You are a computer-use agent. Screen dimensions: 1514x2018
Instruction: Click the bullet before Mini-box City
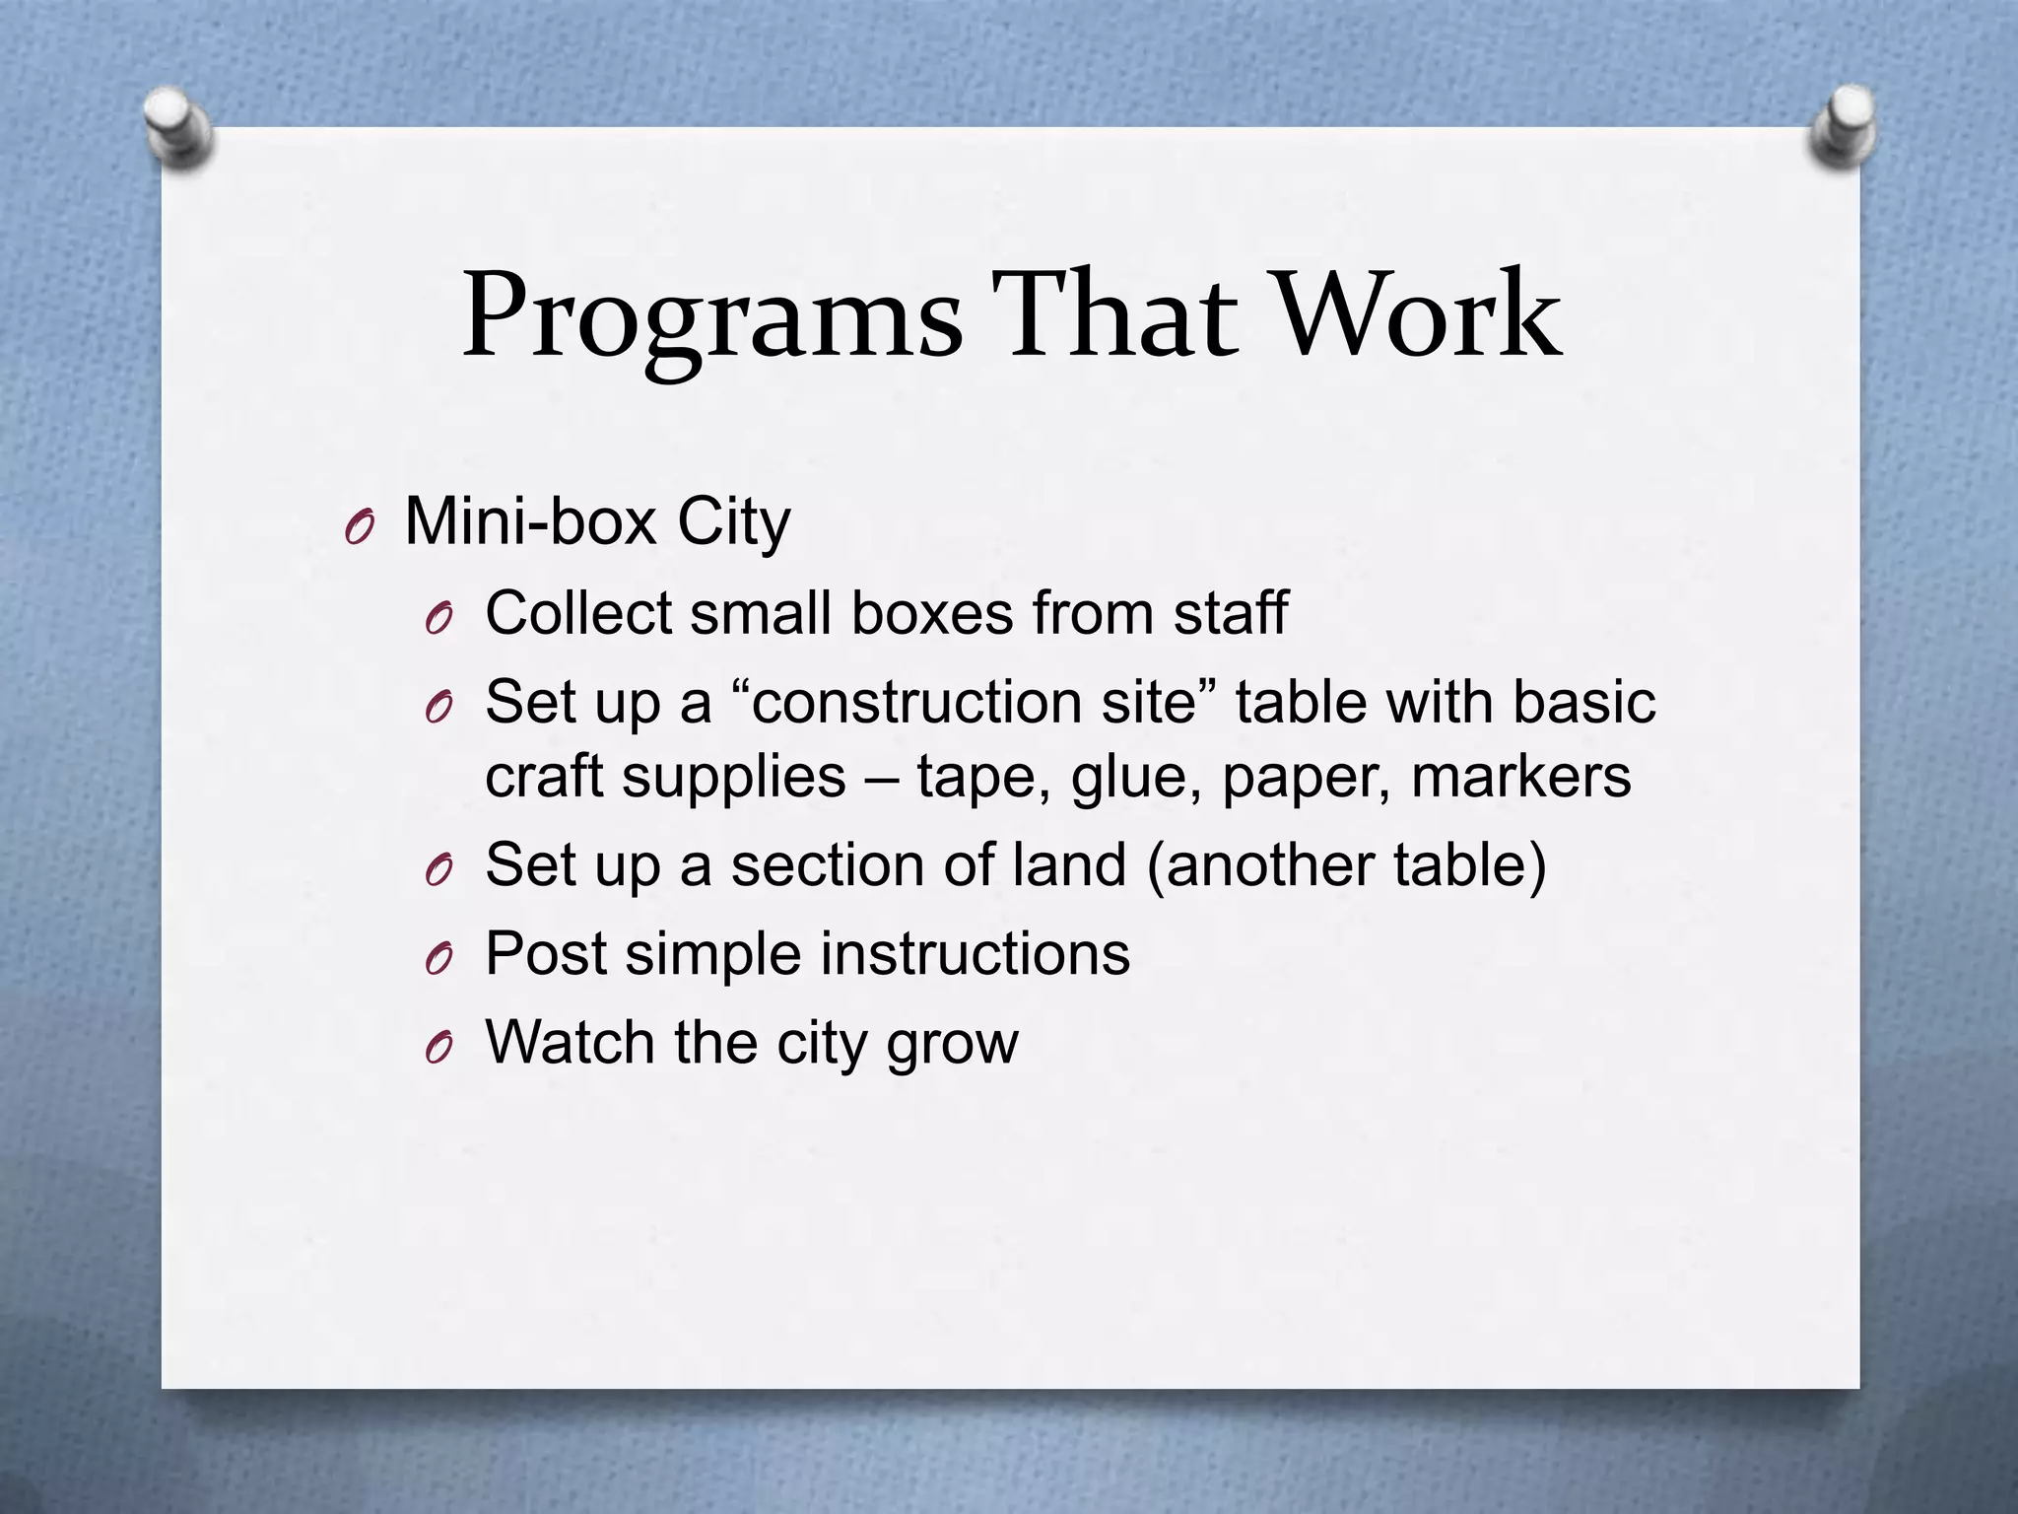[x=360, y=529]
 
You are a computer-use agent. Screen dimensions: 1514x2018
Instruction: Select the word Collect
[x=578, y=613]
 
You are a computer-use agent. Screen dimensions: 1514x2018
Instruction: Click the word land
[x=1069, y=865]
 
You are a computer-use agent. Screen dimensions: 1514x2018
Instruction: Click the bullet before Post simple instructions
[x=439, y=959]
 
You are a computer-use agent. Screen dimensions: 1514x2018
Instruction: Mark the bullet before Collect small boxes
[x=439, y=619]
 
